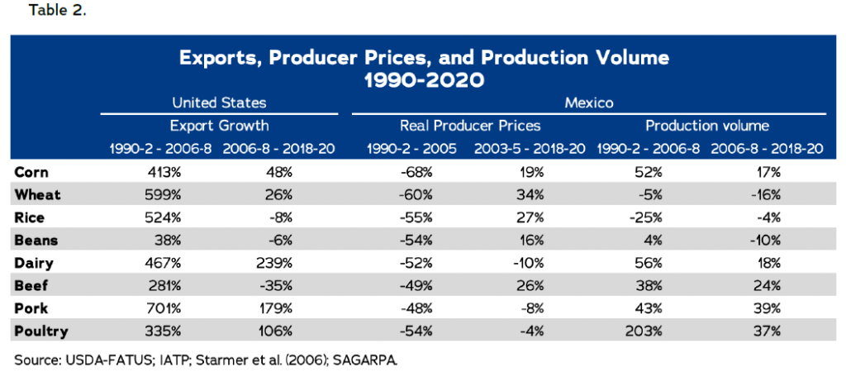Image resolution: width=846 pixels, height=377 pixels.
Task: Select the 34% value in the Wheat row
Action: click(x=530, y=195)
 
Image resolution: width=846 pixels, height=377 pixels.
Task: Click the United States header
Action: click(x=219, y=103)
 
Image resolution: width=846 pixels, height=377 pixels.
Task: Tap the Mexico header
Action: click(x=587, y=103)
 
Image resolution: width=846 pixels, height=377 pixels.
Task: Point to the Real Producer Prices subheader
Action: click(x=470, y=126)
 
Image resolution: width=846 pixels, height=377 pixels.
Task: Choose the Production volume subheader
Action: click(x=707, y=126)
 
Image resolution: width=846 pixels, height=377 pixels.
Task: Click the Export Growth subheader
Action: click(x=219, y=126)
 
